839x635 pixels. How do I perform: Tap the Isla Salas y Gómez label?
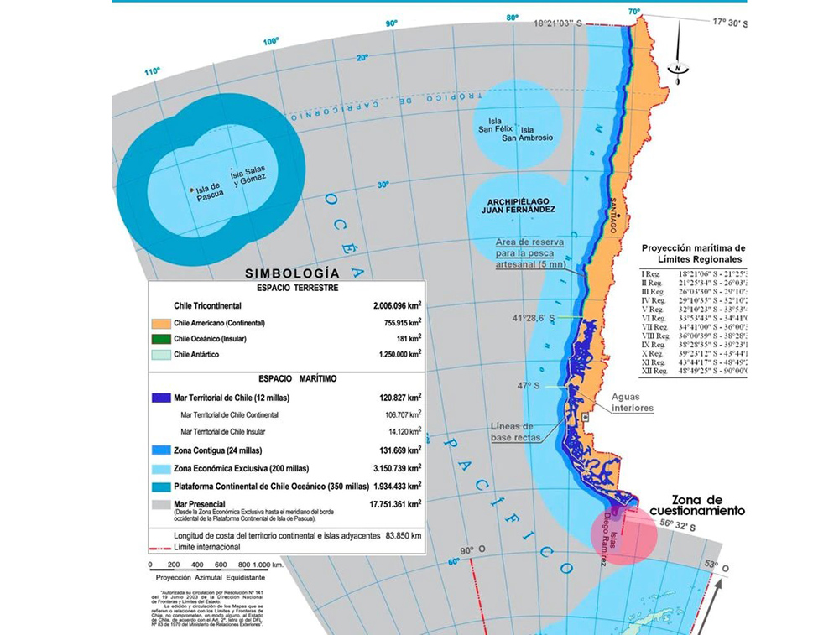[x=248, y=175]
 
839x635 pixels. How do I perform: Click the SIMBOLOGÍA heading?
[x=292, y=273]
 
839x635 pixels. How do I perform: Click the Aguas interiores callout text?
[x=632, y=402]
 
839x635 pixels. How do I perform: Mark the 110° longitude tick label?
[x=151, y=71]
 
